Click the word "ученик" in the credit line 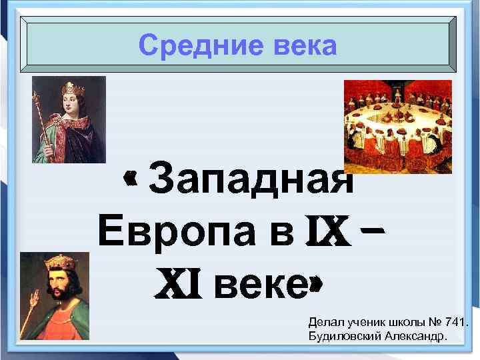click(x=361, y=323)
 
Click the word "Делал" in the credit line click(x=324, y=323)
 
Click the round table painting click(x=397, y=126)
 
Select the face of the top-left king click(x=71, y=104)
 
